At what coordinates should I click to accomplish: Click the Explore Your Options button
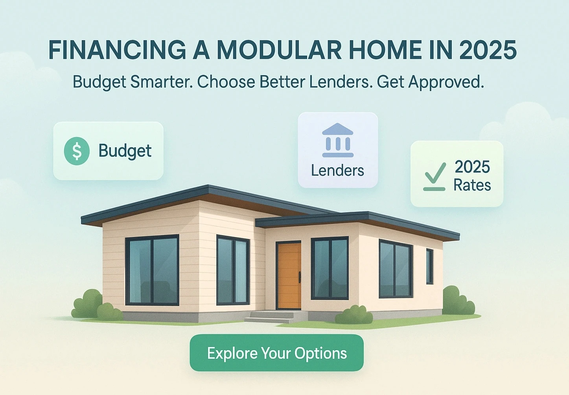click(276, 353)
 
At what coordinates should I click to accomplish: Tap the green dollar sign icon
click(77, 151)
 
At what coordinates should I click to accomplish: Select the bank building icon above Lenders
click(337, 141)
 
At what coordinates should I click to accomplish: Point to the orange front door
click(289, 275)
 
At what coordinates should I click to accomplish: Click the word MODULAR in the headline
click(280, 50)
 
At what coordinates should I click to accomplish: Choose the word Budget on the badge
click(125, 151)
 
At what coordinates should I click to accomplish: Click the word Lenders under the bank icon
click(337, 171)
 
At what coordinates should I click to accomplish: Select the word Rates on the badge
click(472, 185)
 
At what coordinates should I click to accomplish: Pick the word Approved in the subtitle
click(446, 82)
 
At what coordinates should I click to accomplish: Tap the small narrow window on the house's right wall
click(429, 266)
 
